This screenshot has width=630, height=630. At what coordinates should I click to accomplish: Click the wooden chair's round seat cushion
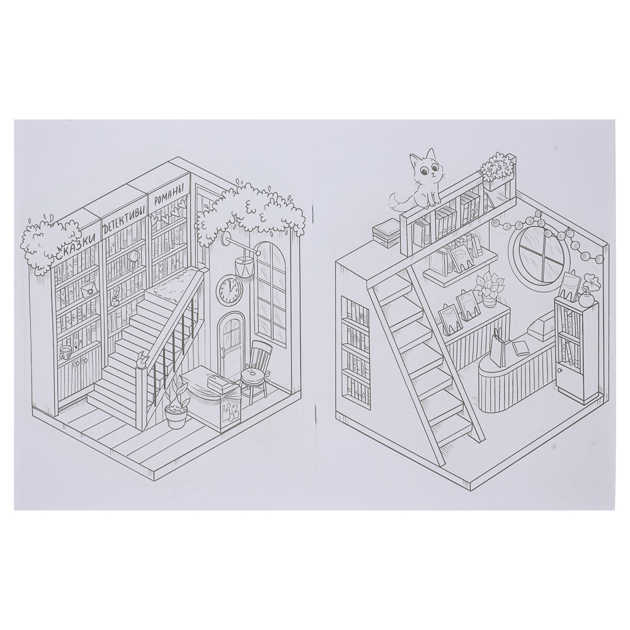[x=253, y=374]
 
